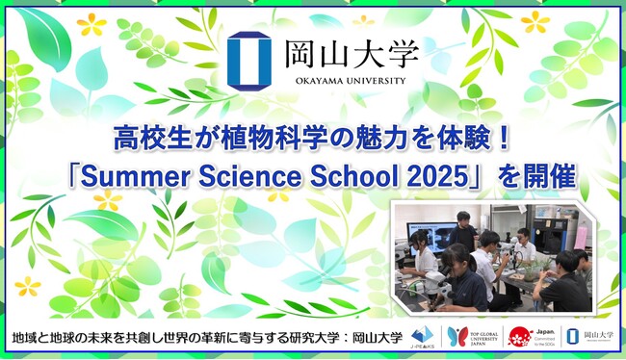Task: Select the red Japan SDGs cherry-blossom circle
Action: coord(521,337)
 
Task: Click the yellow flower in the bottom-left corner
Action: coord(29,285)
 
